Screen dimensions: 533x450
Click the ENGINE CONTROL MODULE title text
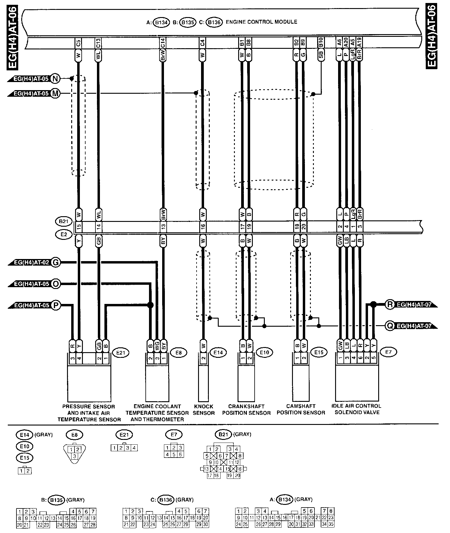coord(262,22)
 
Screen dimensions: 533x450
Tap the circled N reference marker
coord(55,79)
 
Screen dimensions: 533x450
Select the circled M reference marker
coord(55,93)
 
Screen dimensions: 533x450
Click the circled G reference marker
coord(55,263)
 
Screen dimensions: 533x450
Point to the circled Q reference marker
coord(390,326)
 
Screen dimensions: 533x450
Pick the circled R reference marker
coord(390,305)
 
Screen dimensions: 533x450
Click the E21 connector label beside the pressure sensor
coord(120,353)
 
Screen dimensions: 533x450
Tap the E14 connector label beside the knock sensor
coord(218,353)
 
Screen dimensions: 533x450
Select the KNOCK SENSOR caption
coord(204,410)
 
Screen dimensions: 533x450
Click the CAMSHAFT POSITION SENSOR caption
coord(301,409)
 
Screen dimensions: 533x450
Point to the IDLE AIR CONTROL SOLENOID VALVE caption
coord(356,409)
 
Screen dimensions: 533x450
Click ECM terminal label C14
coord(163,43)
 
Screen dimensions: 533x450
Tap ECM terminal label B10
coord(321,43)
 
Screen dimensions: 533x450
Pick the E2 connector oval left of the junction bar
coord(63,234)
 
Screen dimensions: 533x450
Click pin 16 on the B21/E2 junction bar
coord(203,227)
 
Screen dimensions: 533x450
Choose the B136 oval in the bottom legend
coord(167,500)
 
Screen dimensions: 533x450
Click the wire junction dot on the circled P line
coord(150,305)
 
